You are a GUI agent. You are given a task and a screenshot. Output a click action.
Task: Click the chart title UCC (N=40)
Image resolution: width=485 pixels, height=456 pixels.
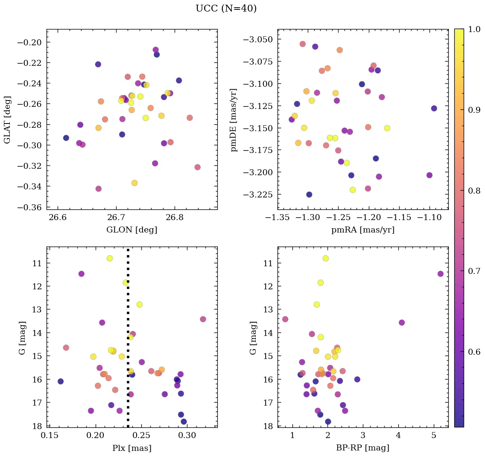(x=226, y=9)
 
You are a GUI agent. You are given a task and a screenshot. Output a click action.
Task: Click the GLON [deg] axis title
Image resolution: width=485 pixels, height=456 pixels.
(x=131, y=230)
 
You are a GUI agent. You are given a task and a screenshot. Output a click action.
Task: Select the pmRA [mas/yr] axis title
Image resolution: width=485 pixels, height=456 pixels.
(x=362, y=230)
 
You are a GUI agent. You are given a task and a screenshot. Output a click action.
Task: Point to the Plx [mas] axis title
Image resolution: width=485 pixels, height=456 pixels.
(x=131, y=448)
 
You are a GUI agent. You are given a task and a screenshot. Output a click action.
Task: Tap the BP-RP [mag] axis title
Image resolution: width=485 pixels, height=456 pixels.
(x=362, y=448)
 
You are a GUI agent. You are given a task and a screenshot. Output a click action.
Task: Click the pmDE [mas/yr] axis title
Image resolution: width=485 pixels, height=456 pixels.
(x=234, y=120)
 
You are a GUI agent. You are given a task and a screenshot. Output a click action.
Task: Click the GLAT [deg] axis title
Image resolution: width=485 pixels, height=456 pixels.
(x=7, y=120)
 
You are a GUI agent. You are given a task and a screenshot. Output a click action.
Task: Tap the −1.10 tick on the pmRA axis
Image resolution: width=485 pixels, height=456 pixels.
(x=430, y=218)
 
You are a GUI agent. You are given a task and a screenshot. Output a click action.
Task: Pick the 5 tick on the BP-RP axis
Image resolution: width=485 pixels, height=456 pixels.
(x=434, y=436)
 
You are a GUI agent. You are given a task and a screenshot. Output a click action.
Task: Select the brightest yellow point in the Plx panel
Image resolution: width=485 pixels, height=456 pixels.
(x=110, y=258)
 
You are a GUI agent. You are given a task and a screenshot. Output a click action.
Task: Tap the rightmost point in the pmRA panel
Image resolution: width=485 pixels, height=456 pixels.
(x=434, y=108)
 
